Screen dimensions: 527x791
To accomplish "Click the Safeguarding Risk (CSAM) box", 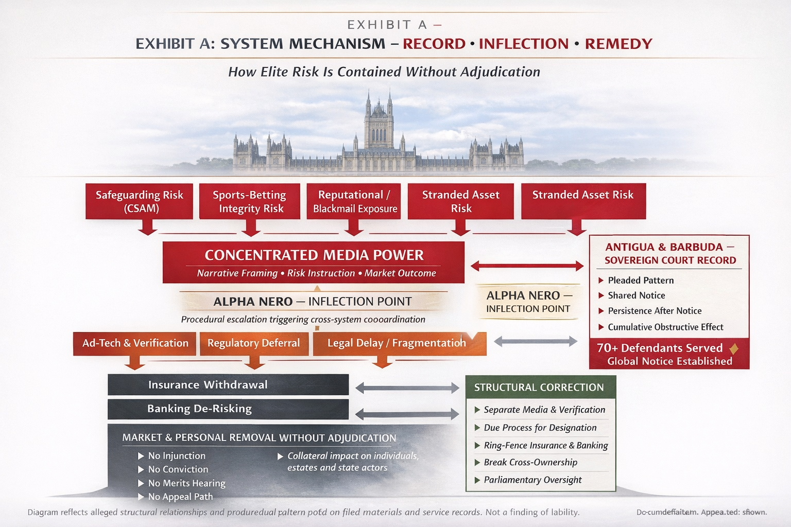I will (139, 201).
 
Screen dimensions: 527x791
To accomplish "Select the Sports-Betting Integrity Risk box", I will (250, 201).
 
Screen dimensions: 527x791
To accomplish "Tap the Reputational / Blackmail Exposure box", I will (354, 201).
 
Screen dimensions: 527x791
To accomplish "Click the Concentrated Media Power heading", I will (314, 255).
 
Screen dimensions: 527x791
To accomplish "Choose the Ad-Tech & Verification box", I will (135, 343).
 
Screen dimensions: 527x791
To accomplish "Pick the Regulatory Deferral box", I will (253, 343).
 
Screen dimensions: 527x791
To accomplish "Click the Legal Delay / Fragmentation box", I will (397, 343).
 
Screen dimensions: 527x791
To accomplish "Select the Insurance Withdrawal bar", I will (228, 385).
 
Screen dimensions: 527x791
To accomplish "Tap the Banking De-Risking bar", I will (228, 409).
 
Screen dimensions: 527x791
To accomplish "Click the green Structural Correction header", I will (540, 388).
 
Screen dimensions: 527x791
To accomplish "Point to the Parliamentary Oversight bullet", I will (532, 480).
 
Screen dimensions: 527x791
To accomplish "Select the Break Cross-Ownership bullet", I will (530, 462).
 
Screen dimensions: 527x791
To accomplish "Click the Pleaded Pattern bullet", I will (640, 280).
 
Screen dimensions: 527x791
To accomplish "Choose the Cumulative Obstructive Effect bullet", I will (665, 327).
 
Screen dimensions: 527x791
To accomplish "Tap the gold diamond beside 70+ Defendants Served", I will (734, 349).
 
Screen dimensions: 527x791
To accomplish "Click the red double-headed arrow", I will (527, 266).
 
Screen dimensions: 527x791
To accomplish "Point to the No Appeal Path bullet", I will (180, 497).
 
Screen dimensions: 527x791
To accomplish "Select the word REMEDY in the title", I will (618, 44).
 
